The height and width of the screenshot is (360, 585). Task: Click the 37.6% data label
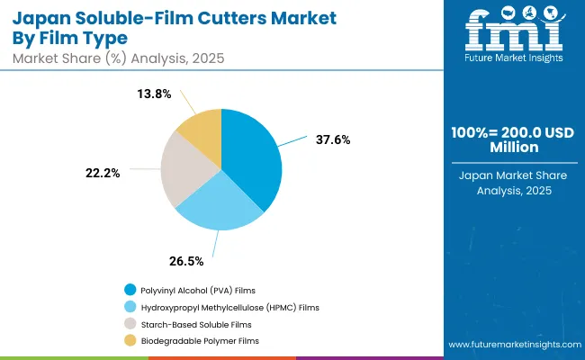[x=333, y=139]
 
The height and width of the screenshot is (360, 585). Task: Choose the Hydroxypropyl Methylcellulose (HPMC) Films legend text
[x=229, y=307]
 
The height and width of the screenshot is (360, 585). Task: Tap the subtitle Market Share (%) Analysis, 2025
[x=117, y=58]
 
